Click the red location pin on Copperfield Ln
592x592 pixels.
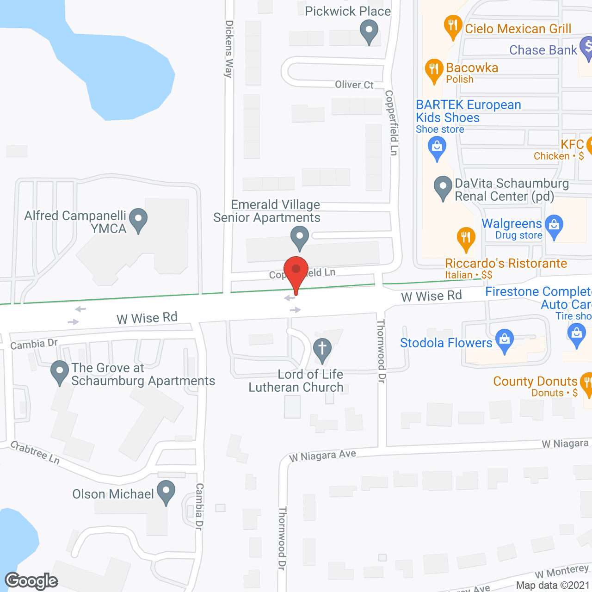296,271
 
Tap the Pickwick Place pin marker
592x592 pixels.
369,32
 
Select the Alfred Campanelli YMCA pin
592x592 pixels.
138,219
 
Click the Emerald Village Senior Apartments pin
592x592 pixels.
300,237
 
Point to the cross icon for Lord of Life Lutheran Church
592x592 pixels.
322,350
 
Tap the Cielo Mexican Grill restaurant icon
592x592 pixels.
453,26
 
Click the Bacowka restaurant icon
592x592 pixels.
434,70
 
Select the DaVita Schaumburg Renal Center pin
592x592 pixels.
443,187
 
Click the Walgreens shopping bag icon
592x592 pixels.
554,226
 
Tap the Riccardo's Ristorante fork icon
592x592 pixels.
466,238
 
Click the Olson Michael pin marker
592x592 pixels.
166,492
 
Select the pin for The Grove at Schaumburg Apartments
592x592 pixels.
60,371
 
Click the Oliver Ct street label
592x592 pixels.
354,85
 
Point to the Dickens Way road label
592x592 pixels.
228,49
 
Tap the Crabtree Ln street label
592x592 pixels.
35,452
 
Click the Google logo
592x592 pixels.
31,581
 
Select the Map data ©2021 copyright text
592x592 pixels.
553,585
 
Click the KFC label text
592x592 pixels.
572,144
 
